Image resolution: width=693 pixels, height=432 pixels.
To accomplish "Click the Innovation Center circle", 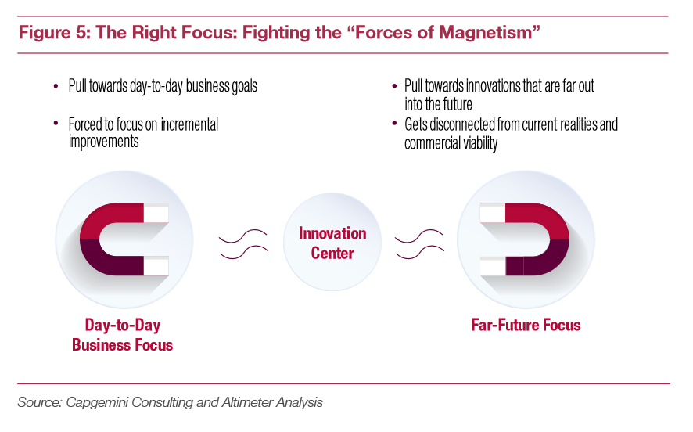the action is point(332,242).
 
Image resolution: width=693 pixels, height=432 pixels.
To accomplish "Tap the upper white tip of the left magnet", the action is point(156,213).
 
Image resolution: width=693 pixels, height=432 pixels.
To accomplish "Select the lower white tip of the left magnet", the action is point(156,266).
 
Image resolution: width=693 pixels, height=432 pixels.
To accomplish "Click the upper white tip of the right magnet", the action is point(493,213).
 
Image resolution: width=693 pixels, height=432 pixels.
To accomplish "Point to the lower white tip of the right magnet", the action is point(493,266).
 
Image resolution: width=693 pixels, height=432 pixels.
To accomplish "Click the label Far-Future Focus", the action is point(526,325).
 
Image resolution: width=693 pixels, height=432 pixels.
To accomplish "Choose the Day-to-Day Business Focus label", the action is point(123,335).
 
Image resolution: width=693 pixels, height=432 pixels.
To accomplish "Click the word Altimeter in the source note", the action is point(247,402).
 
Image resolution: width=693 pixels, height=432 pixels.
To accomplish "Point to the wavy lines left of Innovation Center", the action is point(243,244).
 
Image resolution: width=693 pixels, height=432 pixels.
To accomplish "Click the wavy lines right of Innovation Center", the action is point(419,244).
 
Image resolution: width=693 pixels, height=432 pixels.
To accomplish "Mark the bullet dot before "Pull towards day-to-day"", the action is point(56,86).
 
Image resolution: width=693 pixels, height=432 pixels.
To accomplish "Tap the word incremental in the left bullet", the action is point(189,124).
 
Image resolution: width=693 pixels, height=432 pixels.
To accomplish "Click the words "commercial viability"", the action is point(451,143).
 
